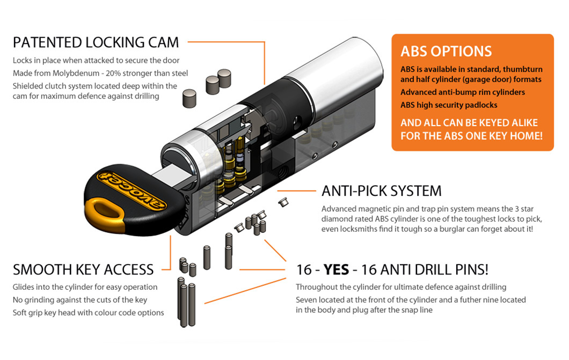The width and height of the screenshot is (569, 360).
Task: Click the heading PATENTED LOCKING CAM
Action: click(x=96, y=42)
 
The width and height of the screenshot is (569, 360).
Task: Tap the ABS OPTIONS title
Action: click(x=446, y=52)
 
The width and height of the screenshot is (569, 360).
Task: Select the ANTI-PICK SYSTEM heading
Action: click(x=381, y=191)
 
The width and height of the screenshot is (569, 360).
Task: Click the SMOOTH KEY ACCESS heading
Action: click(x=83, y=270)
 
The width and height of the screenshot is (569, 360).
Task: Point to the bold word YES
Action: click(x=336, y=270)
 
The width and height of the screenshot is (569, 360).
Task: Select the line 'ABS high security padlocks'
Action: click(x=449, y=105)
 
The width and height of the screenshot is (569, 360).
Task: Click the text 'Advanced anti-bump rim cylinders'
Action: click(x=463, y=92)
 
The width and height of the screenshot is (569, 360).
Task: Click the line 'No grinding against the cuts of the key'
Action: click(x=80, y=300)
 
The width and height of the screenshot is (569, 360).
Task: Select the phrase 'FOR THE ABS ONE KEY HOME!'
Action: click(x=471, y=136)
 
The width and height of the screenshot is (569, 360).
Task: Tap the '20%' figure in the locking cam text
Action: click(x=113, y=73)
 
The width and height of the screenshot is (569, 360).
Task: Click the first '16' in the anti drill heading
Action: click(x=304, y=270)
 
